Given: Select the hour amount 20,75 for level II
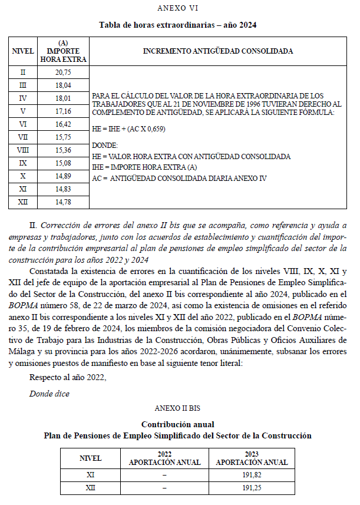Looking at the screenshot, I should [x=63, y=72].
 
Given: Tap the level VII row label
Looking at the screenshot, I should [x=23, y=137].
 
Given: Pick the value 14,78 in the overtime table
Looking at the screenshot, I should [x=63, y=202].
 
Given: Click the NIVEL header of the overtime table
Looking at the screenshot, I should [x=23, y=51].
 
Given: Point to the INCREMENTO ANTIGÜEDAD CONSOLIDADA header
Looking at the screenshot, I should [x=217, y=51].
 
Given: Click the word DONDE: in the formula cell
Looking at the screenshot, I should [x=105, y=144].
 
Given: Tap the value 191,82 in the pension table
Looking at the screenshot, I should [x=252, y=474].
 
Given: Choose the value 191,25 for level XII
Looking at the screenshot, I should [x=252, y=488].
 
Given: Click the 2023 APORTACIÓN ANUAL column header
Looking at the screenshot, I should [x=252, y=458].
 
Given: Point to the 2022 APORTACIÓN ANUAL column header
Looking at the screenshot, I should [x=165, y=458].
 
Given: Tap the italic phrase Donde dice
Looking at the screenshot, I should [x=49, y=393].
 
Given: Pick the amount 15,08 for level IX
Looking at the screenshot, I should [x=63, y=163].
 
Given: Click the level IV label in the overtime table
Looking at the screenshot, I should [x=23, y=98].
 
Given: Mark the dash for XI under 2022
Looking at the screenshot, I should [x=165, y=474].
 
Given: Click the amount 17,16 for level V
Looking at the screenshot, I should [x=63, y=111].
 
